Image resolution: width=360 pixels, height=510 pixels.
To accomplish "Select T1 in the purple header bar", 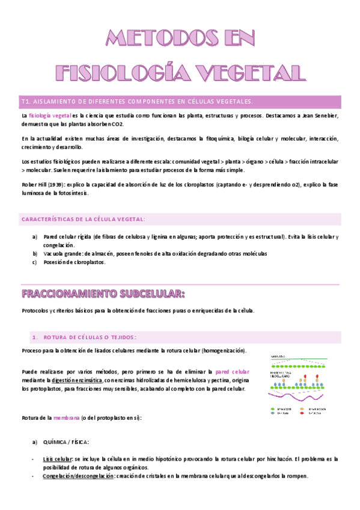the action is click(25, 101).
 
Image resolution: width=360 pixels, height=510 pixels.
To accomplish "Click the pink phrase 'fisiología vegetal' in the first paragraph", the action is click(49, 115).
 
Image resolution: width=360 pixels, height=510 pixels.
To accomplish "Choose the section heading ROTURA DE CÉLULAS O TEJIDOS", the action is click(90, 337).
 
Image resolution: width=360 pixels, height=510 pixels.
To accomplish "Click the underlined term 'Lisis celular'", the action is click(58, 459).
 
